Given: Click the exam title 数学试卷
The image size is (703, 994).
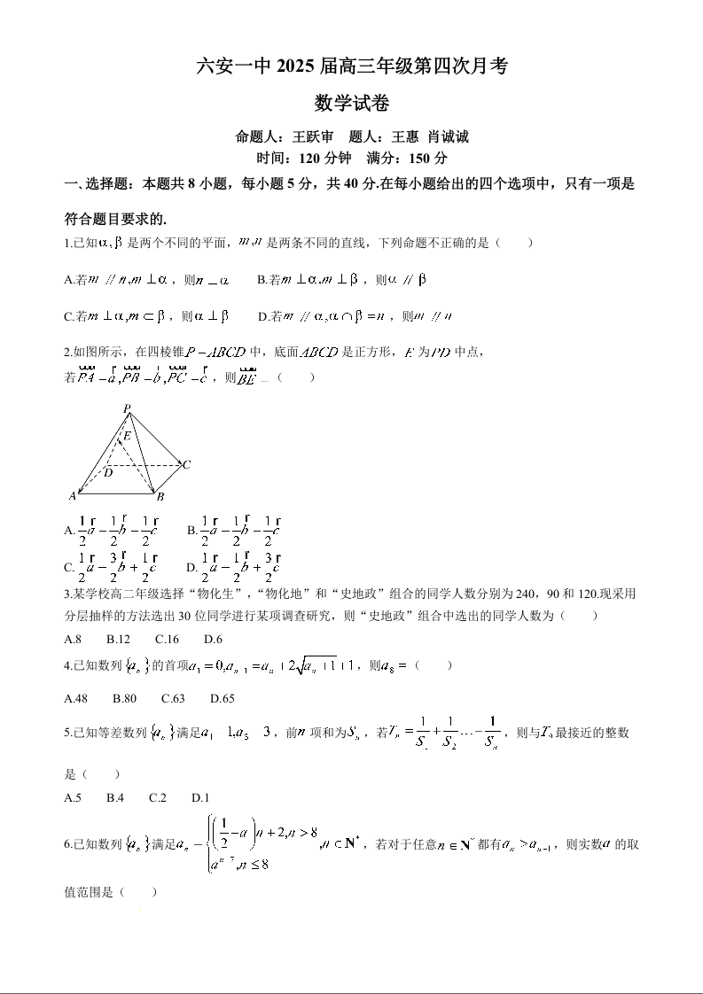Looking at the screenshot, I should coord(351,104).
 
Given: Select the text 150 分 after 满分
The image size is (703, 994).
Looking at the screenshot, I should coord(428,159).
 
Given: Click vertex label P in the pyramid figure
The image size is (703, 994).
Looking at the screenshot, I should coord(127,408).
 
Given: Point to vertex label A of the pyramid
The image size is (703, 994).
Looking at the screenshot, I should coord(73,496).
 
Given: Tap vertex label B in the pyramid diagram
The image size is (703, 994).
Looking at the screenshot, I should coord(160,497).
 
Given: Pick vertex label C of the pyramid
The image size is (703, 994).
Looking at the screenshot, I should coord(187,464).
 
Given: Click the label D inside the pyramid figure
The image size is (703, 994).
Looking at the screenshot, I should coord(107,472).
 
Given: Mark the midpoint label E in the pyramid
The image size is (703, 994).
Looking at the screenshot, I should coord(128,436).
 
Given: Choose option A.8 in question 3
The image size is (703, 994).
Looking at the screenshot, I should coord(74,639).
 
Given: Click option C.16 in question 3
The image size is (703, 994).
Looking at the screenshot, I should coord(167,639).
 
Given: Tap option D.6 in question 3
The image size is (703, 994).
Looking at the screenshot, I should coord(213,639).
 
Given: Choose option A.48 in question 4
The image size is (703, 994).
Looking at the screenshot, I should coord(76,698).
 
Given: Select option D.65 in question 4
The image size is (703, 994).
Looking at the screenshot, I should coord(223,698).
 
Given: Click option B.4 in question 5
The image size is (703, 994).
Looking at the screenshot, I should coord(115,797).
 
